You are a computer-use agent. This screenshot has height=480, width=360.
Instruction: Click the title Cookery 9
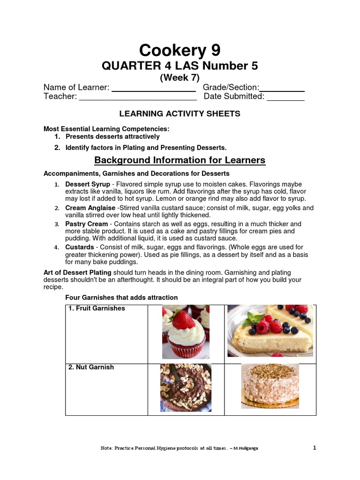(180, 50)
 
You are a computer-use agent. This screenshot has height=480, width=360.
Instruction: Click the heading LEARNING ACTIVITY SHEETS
(180, 113)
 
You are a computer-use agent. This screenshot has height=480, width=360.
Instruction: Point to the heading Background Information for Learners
(180, 160)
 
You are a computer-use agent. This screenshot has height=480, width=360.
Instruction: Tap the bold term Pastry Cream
(87, 224)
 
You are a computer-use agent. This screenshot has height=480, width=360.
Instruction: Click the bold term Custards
(80, 247)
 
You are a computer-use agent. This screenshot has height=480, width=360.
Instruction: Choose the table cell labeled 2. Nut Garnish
(106, 389)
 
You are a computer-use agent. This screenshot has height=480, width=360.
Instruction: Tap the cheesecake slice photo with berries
(270, 330)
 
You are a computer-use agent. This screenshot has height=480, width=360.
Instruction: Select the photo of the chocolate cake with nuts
(186, 388)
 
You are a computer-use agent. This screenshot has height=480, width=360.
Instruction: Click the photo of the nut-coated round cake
(270, 386)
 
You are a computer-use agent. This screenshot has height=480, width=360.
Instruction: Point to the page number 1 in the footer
(315, 448)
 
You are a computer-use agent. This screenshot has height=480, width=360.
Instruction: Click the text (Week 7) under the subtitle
(180, 78)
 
